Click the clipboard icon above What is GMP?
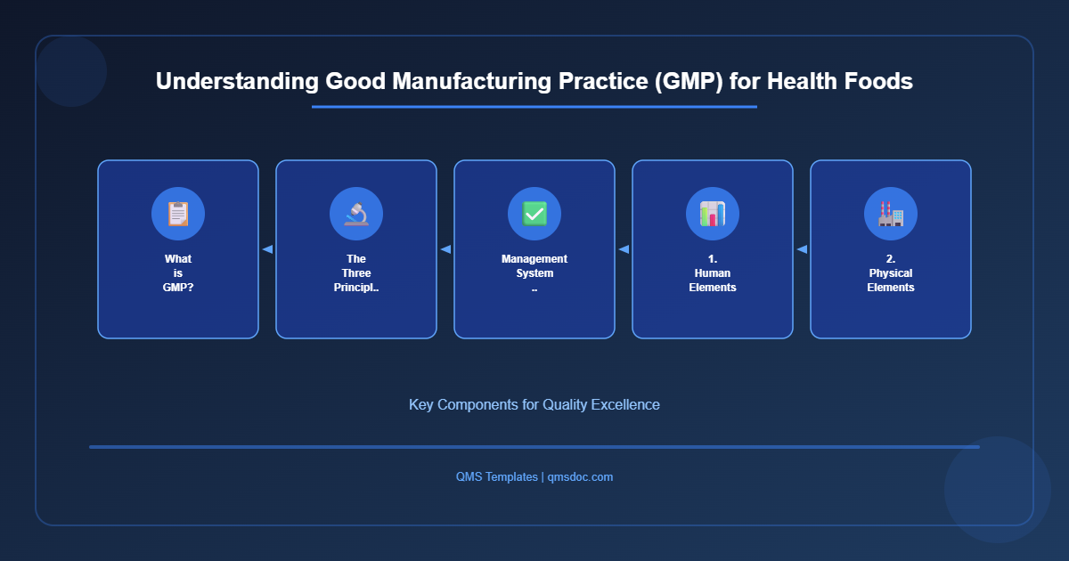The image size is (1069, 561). point(178,214)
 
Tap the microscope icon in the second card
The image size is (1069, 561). point(356,214)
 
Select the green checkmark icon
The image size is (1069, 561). point(534,214)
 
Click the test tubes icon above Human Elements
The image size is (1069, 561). point(713,214)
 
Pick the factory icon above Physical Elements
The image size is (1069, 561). point(891,214)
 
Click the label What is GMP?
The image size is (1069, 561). point(178,273)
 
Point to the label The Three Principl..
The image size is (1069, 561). point(356,273)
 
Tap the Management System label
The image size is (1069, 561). point(534,266)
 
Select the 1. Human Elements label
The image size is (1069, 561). point(713,273)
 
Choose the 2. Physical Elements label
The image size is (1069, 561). point(891,273)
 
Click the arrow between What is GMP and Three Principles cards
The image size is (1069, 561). point(267,249)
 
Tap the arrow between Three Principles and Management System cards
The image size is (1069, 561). point(445,249)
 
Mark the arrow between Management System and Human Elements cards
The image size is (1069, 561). point(624,249)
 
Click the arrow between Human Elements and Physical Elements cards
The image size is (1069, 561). point(802,249)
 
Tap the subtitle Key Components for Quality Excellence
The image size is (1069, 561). point(534,404)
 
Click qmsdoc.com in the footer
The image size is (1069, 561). point(580,476)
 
